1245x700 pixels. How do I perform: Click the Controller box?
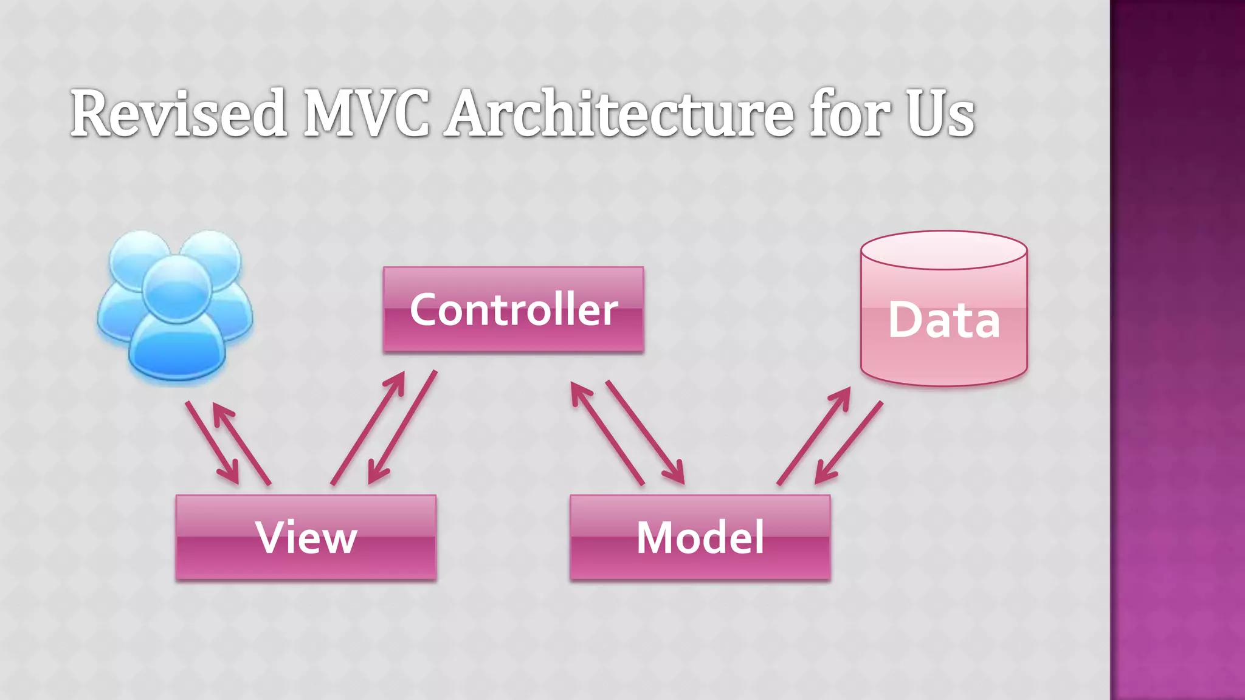[513, 309]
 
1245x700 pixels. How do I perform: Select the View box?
[306, 537]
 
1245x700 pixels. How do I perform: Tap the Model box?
[700, 537]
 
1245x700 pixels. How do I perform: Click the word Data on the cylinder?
[943, 320]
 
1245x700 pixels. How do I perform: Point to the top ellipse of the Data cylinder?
[943, 250]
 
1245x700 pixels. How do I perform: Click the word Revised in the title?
[178, 114]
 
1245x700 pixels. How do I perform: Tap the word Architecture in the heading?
[619, 114]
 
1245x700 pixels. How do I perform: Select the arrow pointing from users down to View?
[212, 442]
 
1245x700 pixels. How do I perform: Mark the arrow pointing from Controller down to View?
[402, 428]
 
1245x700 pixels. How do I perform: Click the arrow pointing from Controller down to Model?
[645, 432]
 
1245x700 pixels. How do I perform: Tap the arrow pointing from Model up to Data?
[814, 436]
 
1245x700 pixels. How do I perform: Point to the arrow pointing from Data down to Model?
[849, 442]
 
